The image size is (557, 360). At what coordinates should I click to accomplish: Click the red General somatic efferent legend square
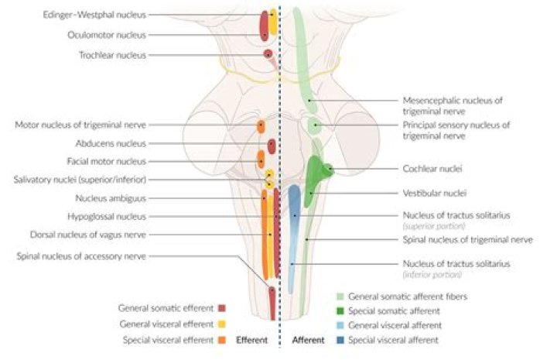coord(221,308)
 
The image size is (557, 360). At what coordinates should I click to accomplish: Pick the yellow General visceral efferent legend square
coord(221,324)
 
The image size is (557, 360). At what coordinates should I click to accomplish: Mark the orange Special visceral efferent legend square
coord(221,340)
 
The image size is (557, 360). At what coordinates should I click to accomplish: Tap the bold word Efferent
coord(251,340)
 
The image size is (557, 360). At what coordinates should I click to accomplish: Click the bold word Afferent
coord(307,340)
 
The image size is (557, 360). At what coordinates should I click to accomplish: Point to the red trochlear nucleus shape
coord(268,55)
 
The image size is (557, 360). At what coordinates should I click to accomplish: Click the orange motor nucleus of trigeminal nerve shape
coord(261,126)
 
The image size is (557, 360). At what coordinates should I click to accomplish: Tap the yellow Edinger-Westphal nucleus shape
coord(273,19)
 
